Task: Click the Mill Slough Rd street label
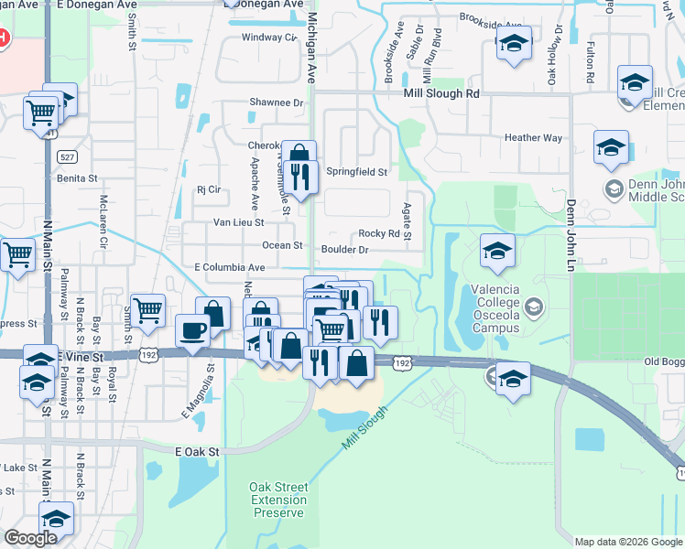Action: click(441, 93)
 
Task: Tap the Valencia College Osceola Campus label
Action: click(495, 308)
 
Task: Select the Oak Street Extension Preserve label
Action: click(278, 501)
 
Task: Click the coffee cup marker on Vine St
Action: click(192, 331)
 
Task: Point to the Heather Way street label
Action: click(533, 138)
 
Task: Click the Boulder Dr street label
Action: click(344, 249)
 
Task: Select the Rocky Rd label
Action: click(378, 233)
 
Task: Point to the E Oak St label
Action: click(198, 451)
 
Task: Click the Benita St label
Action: click(76, 178)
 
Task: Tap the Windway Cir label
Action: click(269, 38)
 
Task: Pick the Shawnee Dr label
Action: click(276, 102)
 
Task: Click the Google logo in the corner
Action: click(31, 538)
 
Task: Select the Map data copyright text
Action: click(628, 542)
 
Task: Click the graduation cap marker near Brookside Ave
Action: click(514, 44)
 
